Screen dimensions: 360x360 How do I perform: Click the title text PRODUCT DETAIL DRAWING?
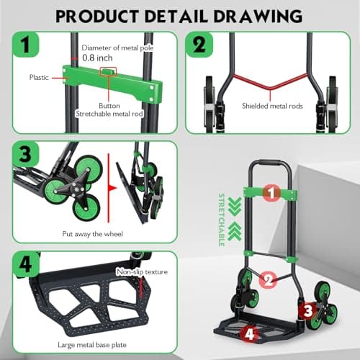180,14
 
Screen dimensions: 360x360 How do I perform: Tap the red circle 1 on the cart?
270,192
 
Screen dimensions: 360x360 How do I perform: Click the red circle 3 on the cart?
307,311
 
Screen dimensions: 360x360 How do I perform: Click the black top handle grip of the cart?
270,163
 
